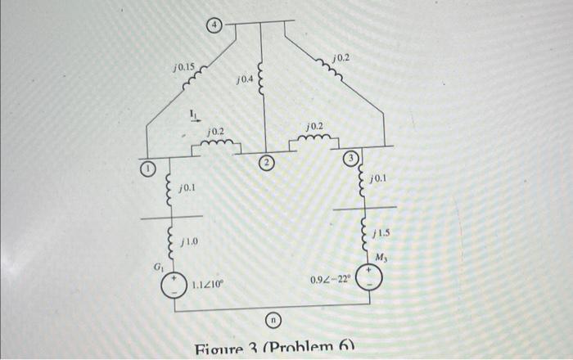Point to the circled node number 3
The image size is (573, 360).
pos(350,157)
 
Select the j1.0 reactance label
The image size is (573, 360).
pos(188,242)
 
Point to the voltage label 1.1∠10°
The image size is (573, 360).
pos(208,286)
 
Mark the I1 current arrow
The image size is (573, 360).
pos(194,115)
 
